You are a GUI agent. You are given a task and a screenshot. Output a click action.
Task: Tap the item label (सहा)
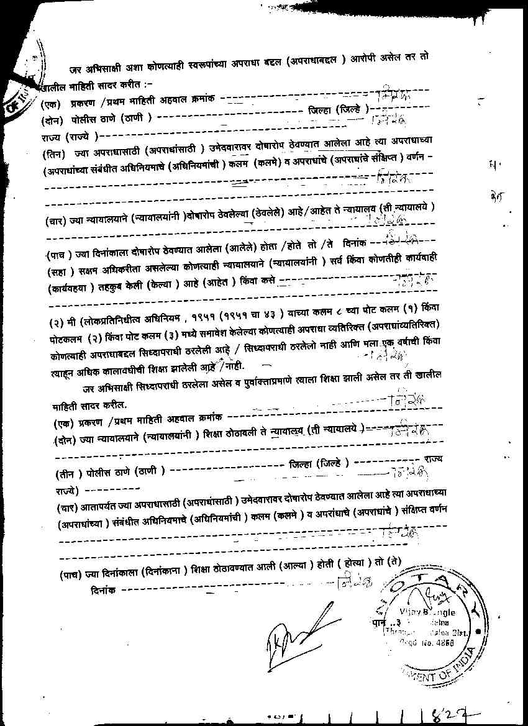(x=58, y=273)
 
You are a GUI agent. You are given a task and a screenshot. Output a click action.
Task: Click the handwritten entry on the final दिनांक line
(x=354, y=584)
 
